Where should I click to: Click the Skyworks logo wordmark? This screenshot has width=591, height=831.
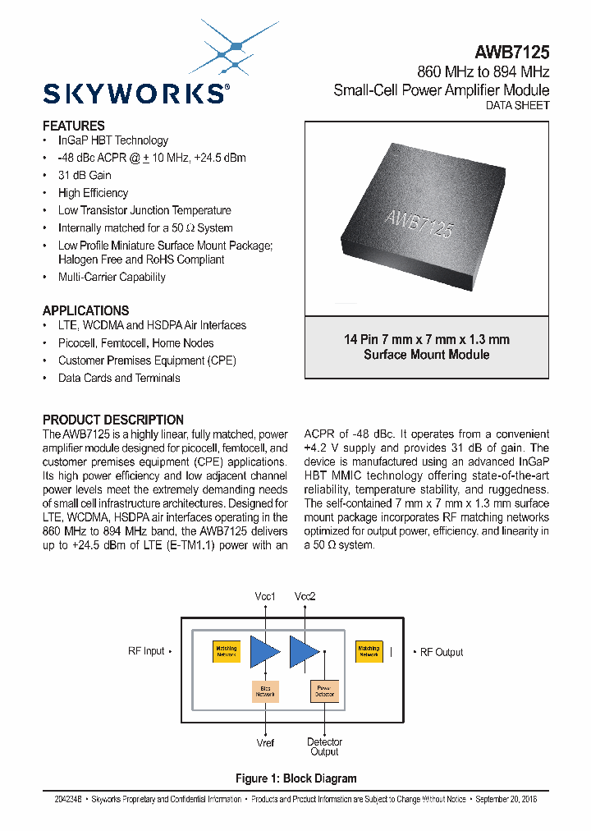click(135, 93)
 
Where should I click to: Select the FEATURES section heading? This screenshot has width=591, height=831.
click(74, 126)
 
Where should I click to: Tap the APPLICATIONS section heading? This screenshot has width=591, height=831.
click(85, 310)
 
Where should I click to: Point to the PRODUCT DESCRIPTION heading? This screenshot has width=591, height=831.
click(113, 420)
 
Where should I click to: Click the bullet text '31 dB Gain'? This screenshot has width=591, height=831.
click(85, 175)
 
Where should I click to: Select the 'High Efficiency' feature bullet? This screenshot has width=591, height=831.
click(93, 193)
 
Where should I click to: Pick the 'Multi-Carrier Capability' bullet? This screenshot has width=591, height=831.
click(112, 277)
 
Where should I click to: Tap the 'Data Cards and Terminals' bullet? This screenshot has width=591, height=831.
click(119, 378)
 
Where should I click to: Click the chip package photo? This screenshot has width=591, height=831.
click(426, 218)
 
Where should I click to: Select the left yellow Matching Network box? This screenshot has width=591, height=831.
click(226, 651)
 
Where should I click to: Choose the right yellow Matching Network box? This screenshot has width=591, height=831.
click(369, 651)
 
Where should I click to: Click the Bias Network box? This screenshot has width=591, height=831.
click(265, 691)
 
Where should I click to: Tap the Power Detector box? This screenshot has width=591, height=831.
click(321, 691)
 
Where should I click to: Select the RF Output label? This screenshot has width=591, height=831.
click(442, 652)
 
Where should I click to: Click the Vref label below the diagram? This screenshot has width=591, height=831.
click(265, 742)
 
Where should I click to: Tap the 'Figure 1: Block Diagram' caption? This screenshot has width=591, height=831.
click(295, 778)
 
